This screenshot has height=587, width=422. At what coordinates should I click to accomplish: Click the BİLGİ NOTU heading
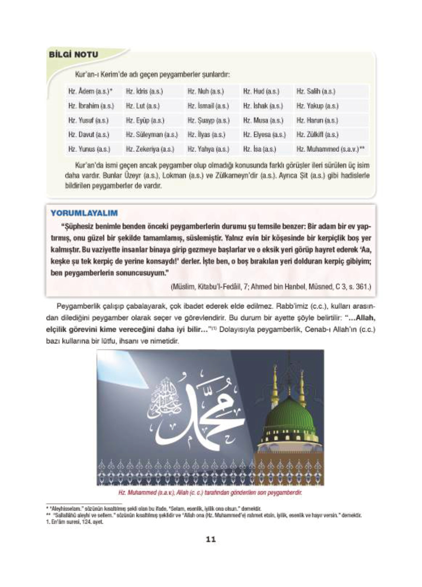[73, 55]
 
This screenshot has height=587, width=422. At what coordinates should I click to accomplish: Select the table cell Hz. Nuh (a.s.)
[205, 92]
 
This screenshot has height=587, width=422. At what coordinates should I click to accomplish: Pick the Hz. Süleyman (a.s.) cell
[151, 135]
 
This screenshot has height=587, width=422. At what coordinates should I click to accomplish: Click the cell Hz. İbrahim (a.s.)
[91, 106]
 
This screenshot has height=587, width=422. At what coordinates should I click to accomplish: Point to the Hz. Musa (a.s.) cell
[263, 120]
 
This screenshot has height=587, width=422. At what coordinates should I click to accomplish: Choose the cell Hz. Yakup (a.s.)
[317, 106]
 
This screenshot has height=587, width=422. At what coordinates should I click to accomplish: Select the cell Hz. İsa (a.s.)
[259, 149]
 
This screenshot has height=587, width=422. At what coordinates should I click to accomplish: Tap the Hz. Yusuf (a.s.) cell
[88, 120]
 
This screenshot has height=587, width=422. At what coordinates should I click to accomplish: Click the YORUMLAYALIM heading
[84, 213]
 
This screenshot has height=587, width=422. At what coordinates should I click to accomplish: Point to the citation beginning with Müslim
[271, 287]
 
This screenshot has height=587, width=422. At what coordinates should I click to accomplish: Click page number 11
[210, 539]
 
